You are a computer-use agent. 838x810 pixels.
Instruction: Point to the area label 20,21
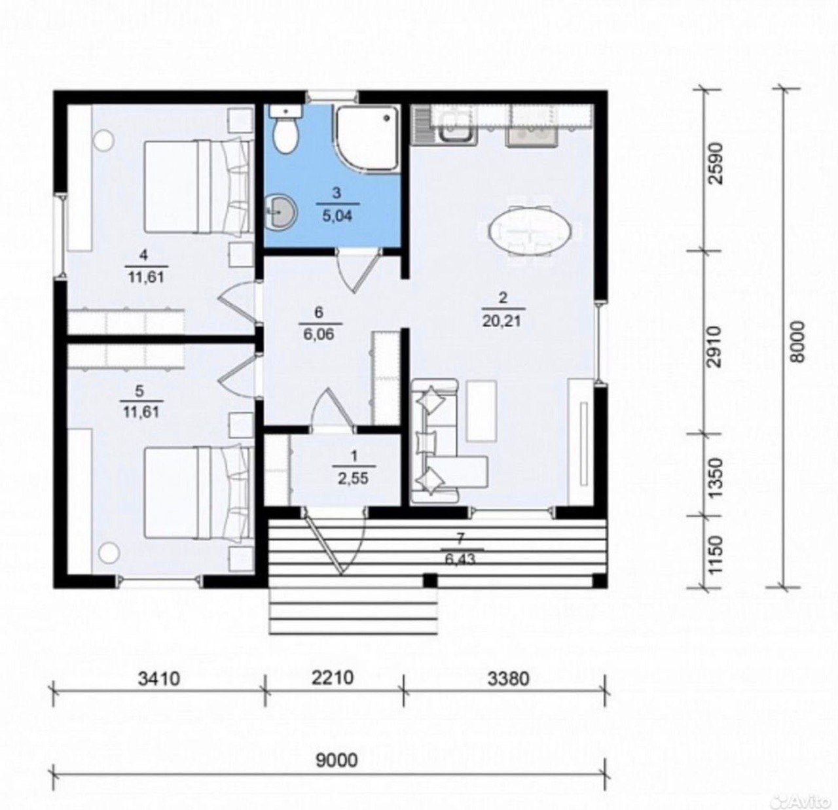tap(503, 321)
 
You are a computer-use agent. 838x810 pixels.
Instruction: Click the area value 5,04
tap(337, 215)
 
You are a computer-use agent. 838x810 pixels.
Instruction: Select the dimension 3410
tap(158, 678)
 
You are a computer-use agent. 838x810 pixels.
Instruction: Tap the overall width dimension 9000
tap(337, 760)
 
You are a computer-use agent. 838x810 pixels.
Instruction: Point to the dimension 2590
tap(716, 164)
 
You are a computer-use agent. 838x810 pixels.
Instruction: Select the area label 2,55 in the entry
tap(353, 478)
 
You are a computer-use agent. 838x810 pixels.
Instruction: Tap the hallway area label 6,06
tap(318, 334)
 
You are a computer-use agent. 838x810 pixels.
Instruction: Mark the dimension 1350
tap(716, 478)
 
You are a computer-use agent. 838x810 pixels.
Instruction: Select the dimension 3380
tap(508, 678)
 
